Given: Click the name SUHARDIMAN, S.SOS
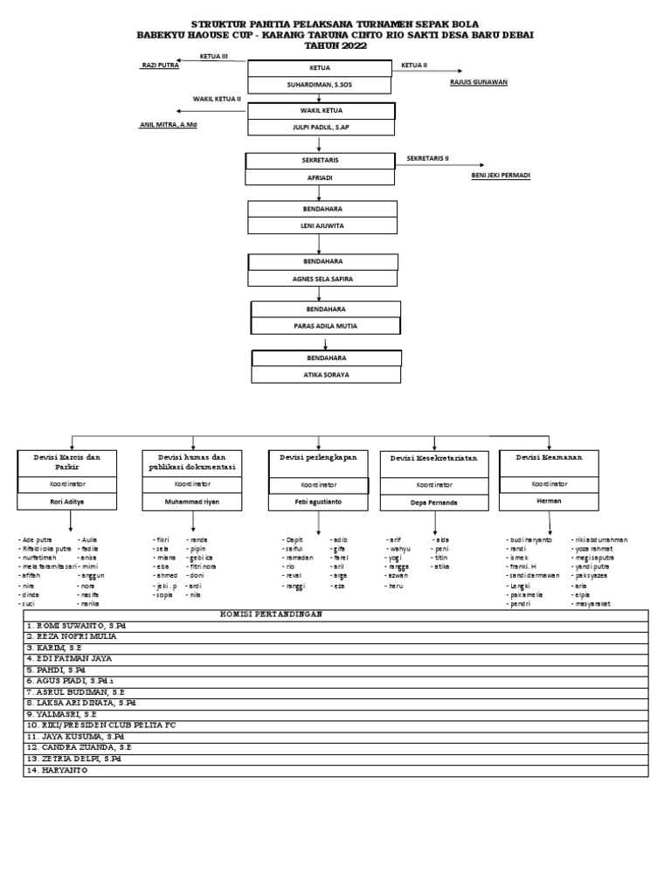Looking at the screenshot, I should tap(320, 85).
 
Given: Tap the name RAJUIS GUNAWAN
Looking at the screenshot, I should tap(478, 82).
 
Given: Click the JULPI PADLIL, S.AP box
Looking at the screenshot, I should tap(320, 128).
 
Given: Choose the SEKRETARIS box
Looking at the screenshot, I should tap(320, 161).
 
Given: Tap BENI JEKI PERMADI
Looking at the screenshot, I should tap(501, 175).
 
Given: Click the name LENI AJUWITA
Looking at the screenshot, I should tap(322, 225).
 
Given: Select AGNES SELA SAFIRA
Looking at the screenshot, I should tap(322, 279).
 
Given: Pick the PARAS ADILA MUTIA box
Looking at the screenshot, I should tap(325, 325).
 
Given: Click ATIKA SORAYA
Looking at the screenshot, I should tap(326, 374).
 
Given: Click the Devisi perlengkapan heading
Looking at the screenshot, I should tap(314, 457).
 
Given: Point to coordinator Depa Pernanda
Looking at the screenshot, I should tap(434, 503).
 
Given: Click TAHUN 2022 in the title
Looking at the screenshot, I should tap(335, 46).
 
